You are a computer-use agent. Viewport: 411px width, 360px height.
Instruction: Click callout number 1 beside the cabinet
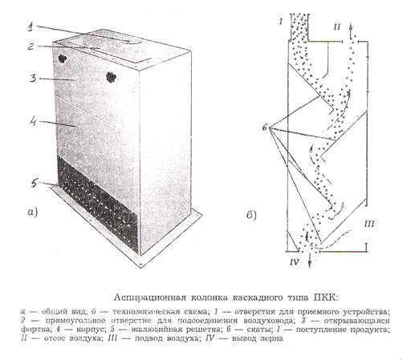(x=31, y=27)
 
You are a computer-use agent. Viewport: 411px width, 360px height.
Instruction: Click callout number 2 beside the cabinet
(x=31, y=47)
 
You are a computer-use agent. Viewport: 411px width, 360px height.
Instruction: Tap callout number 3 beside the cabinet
(x=33, y=78)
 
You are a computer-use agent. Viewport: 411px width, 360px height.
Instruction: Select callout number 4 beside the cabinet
(x=32, y=122)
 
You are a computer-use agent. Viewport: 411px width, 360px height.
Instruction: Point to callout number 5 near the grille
(x=35, y=183)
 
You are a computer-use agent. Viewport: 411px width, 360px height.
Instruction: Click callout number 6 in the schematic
(x=265, y=127)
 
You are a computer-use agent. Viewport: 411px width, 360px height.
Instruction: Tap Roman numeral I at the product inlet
(x=281, y=22)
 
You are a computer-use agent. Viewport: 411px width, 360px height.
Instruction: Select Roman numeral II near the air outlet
(x=337, y=26)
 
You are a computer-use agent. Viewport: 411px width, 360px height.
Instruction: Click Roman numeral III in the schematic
(x=369, y=224)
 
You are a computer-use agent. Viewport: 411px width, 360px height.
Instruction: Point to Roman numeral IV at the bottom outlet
(x=295, y=262)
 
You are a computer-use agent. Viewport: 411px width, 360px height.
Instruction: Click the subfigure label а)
(x=32, y=212)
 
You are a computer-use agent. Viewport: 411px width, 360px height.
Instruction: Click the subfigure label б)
(x=251, y=215)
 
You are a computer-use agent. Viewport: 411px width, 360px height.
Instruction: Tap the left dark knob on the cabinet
(x=63, y=59)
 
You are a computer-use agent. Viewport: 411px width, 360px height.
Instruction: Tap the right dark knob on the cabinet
(x=111, y=77)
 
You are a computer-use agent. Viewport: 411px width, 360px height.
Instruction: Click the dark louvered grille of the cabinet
(x=98, y=204)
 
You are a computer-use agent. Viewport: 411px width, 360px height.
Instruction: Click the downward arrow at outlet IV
(x=310, y=260)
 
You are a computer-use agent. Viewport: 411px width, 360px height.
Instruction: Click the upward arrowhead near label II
(x=352, y=26)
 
